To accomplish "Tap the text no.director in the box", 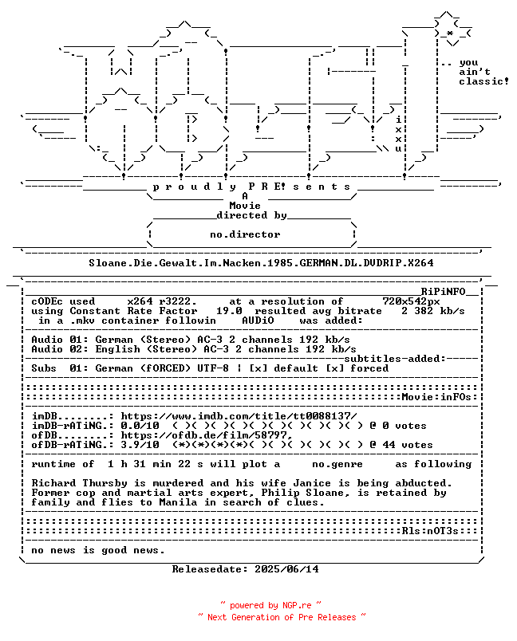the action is [245, 234].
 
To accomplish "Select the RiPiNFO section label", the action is [444, 292].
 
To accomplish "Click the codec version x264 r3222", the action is [162, 301].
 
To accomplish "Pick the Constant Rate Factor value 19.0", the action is [229, 311].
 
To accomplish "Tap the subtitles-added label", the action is [395, 359].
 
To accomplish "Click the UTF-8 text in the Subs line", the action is [213, 368].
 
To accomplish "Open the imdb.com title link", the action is [239, 416].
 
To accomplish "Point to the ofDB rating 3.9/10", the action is [140, 445].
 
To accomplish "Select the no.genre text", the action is [337, 464].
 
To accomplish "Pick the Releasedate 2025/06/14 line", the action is [246, 569].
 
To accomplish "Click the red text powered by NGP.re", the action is [270, 605].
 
